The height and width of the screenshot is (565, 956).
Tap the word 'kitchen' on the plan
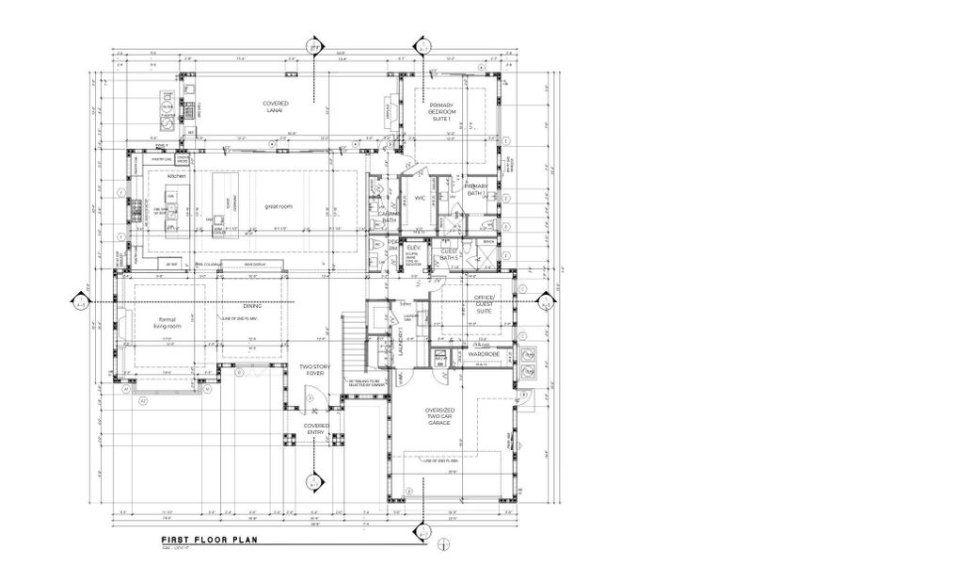(177, 176)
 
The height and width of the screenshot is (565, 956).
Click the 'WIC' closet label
(421, 198)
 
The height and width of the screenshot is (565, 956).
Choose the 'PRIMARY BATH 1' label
(477, 190)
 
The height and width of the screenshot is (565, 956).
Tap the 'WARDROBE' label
(483, 354)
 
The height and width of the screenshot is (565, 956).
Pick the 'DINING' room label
(252, 306)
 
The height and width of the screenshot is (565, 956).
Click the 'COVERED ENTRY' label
(316, 428)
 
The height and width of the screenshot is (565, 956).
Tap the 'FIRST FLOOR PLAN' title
(202, 541)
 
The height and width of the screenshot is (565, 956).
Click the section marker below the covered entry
(312, 480)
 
